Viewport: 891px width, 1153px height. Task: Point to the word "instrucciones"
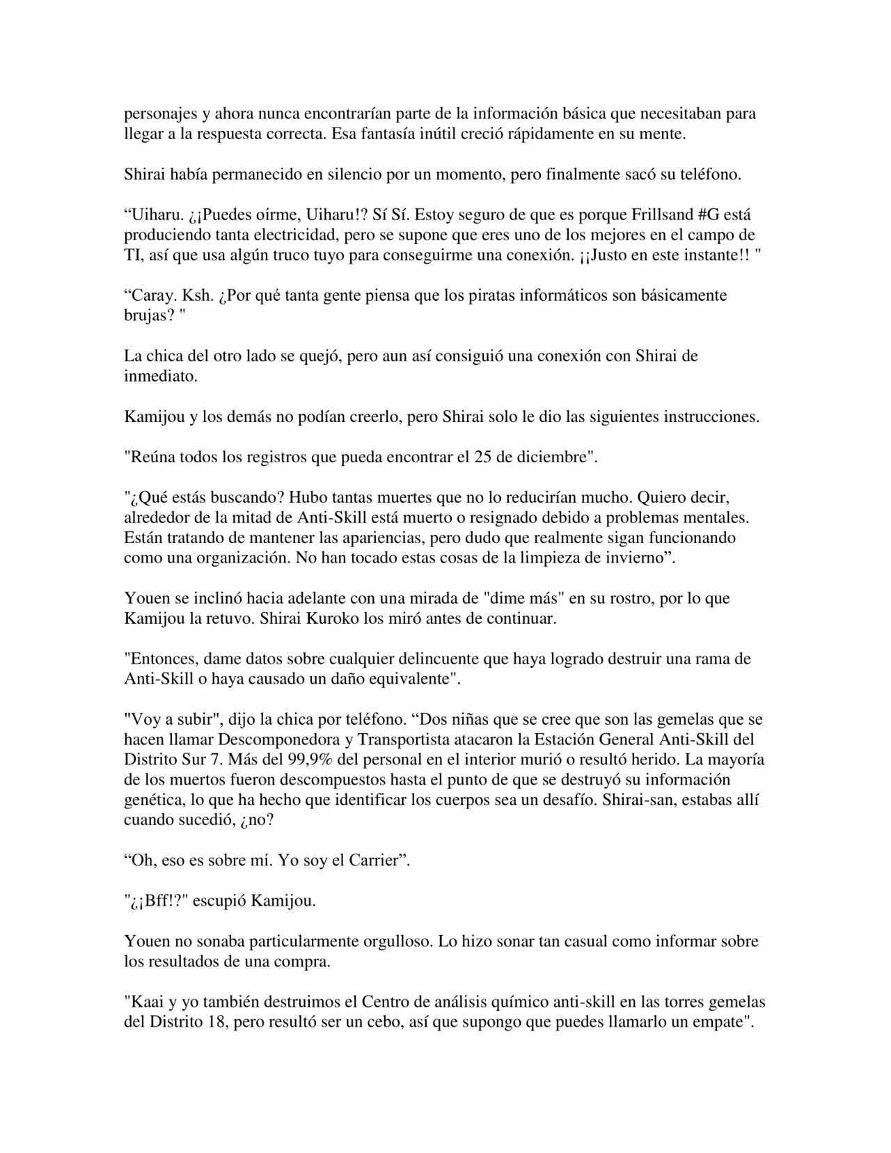715,417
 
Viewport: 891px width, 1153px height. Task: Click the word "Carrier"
375,861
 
